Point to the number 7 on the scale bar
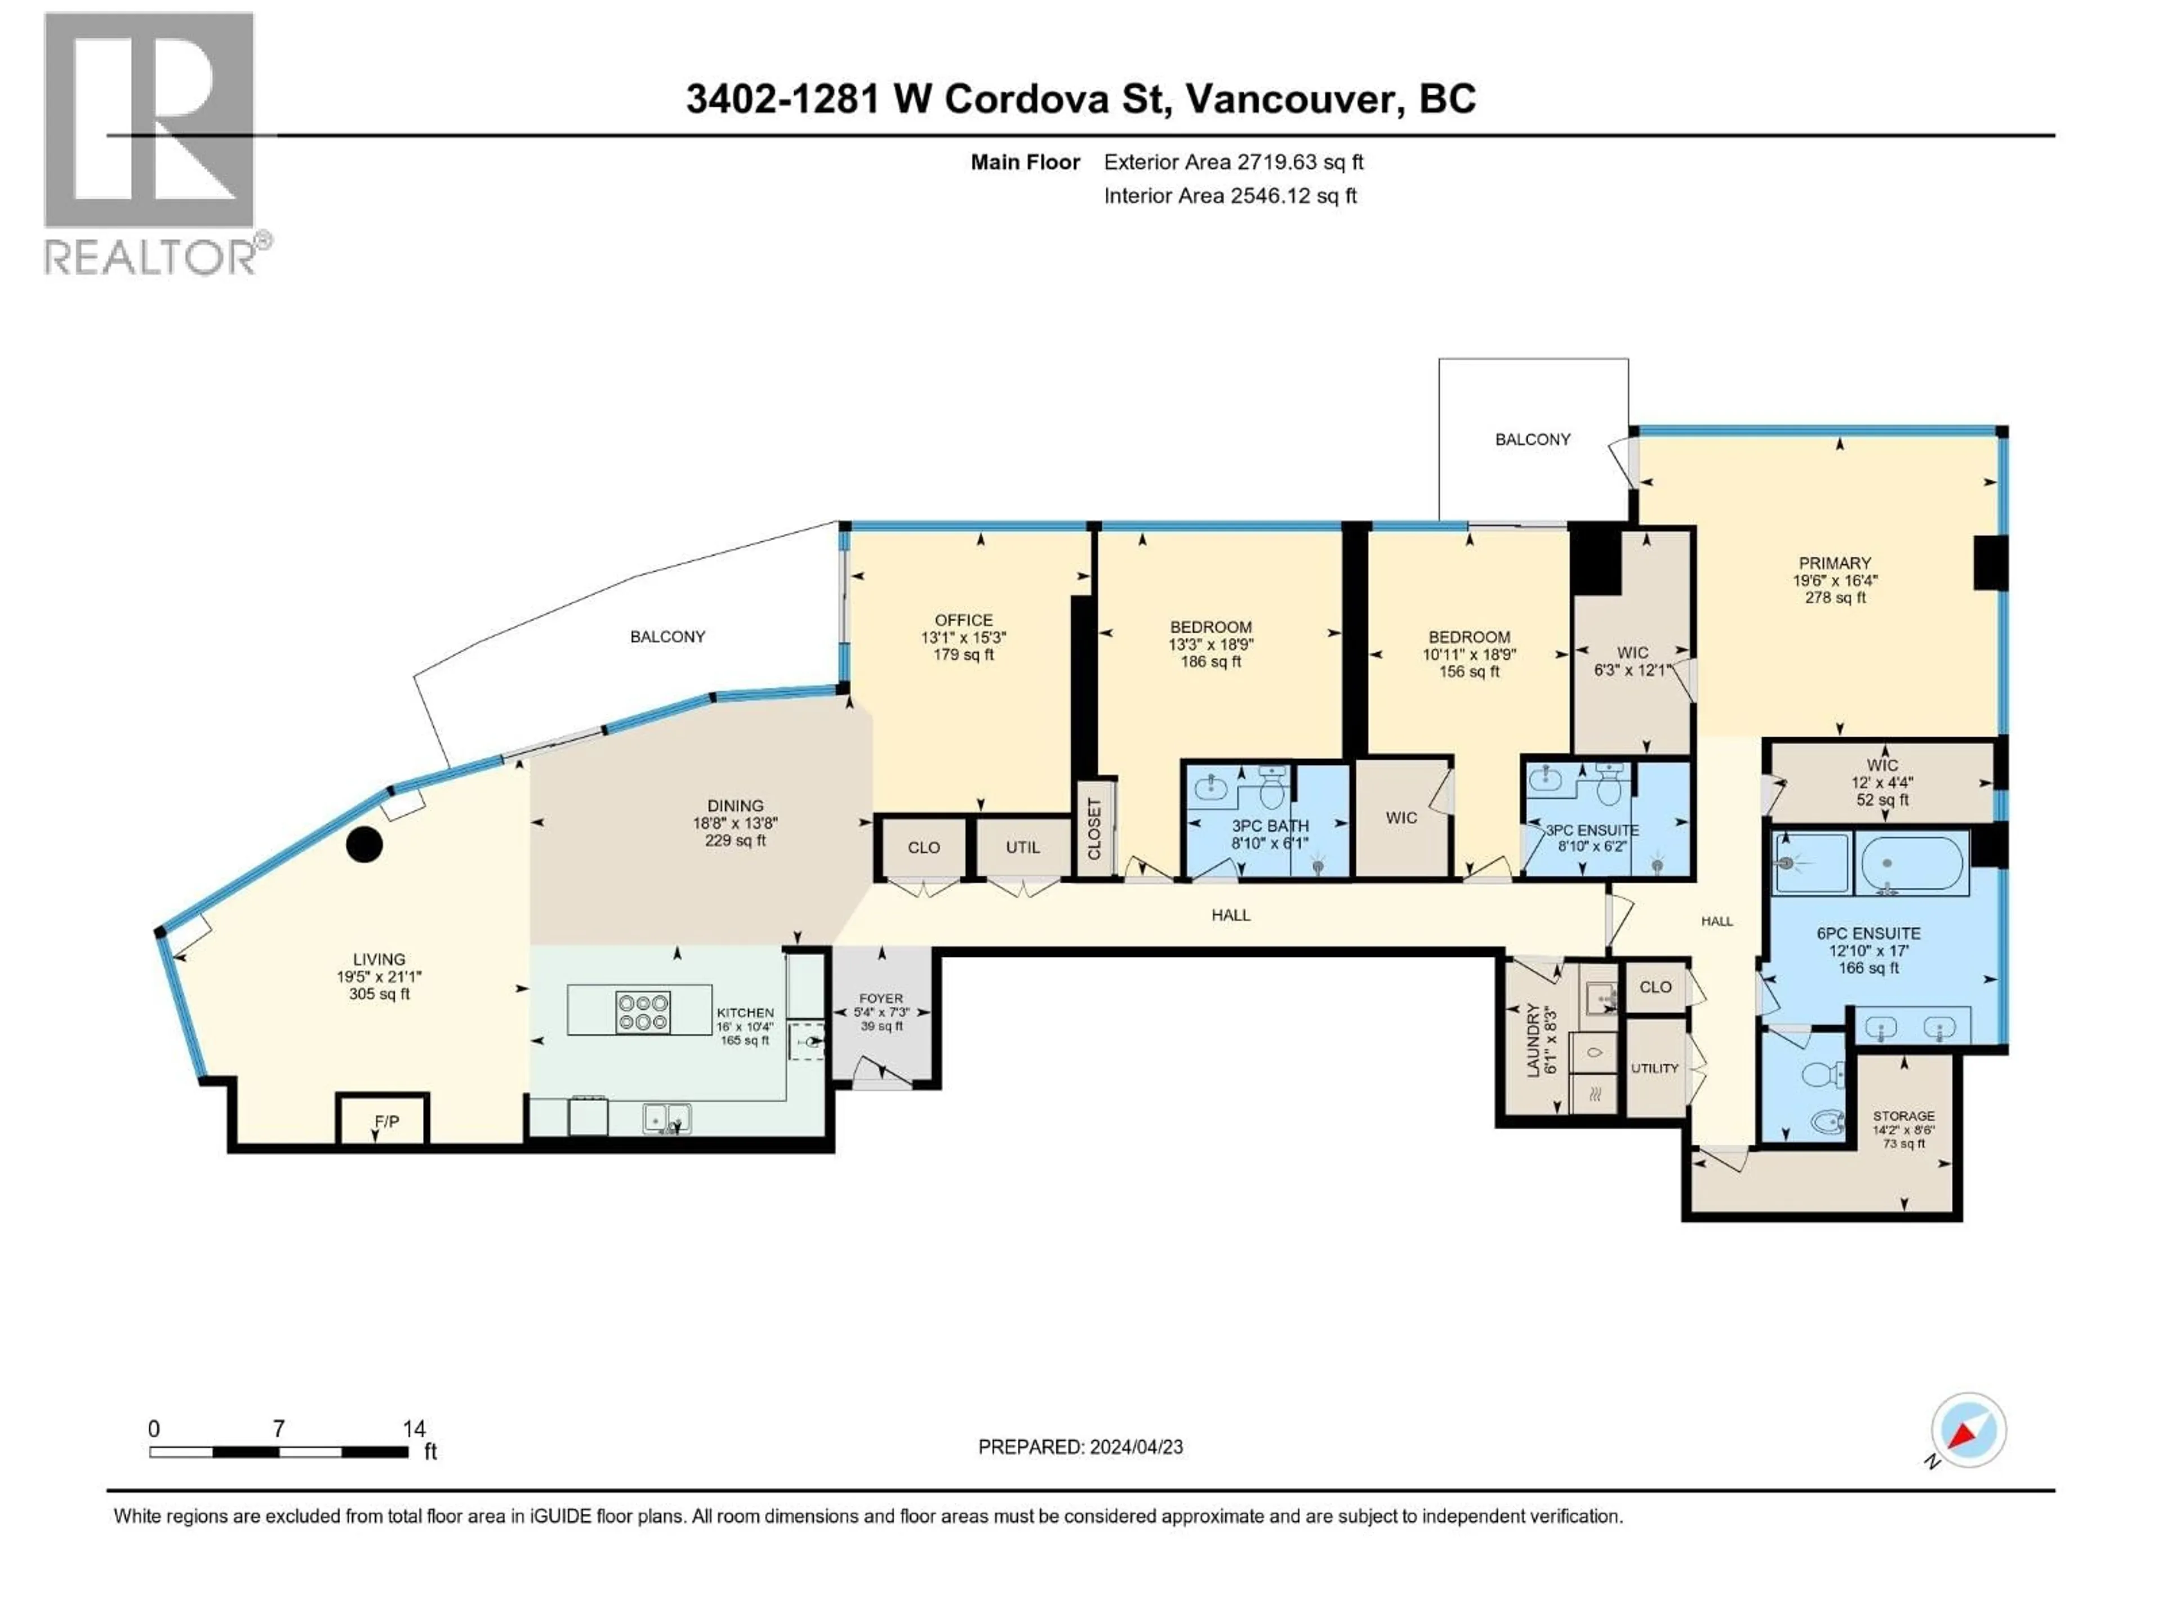279,1428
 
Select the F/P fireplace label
386,1121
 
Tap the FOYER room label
880,998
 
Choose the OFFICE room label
963,620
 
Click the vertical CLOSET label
1094,829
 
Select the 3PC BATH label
1269,826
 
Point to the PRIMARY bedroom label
1835,563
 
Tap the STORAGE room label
1903,1116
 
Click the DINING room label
735,805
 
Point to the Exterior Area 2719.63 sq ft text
1233,162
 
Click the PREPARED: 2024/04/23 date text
1080,1447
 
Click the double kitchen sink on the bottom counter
667,1117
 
